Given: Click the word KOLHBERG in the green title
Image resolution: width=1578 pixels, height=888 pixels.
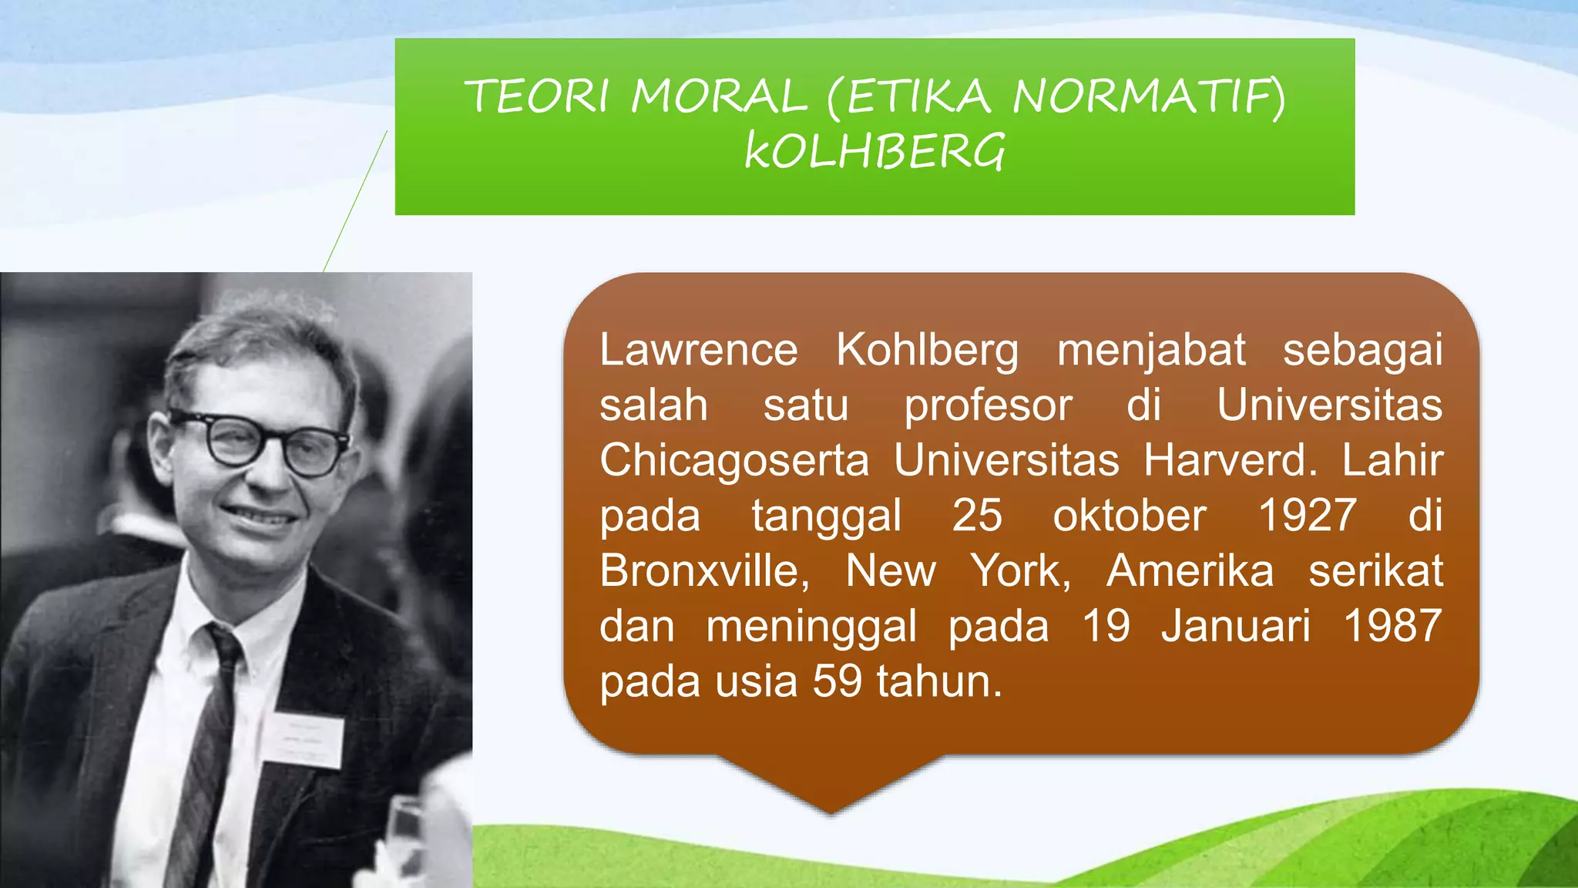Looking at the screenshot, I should pyautogui.click(x=875, y=151).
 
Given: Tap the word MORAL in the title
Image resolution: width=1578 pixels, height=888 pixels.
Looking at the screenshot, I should pyautogui.click(x=718, y=98).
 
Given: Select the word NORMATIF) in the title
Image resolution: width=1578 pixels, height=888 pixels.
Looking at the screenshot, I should pyautogui.click(x=1149, y=98).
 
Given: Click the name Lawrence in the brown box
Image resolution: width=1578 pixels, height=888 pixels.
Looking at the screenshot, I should pyautogui.click(x=698, y=350).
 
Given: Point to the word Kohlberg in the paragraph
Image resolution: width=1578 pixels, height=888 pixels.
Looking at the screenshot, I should pyautogui.click(x=927, y=351).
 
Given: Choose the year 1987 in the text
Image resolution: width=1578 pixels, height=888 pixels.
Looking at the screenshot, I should pyautogui.click(x=1392, y=625).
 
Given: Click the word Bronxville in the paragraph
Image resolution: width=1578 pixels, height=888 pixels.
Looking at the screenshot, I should pyautogui.click(x=703, y=571).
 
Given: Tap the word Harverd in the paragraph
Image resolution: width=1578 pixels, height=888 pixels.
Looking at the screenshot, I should pyautogui.click(x=1229, y=460).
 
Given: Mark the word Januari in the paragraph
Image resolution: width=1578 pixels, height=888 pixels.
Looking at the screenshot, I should pyautogui.click(x=1235, y=625).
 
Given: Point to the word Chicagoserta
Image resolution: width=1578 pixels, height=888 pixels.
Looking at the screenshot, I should pyautogui.click(x=734, y=460).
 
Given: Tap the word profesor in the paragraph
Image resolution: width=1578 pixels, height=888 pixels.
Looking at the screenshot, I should pyautogui.click(x=988, y=405).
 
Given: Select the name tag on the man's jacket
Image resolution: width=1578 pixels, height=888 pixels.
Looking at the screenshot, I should pyautogui.click(x=302, y=741).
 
